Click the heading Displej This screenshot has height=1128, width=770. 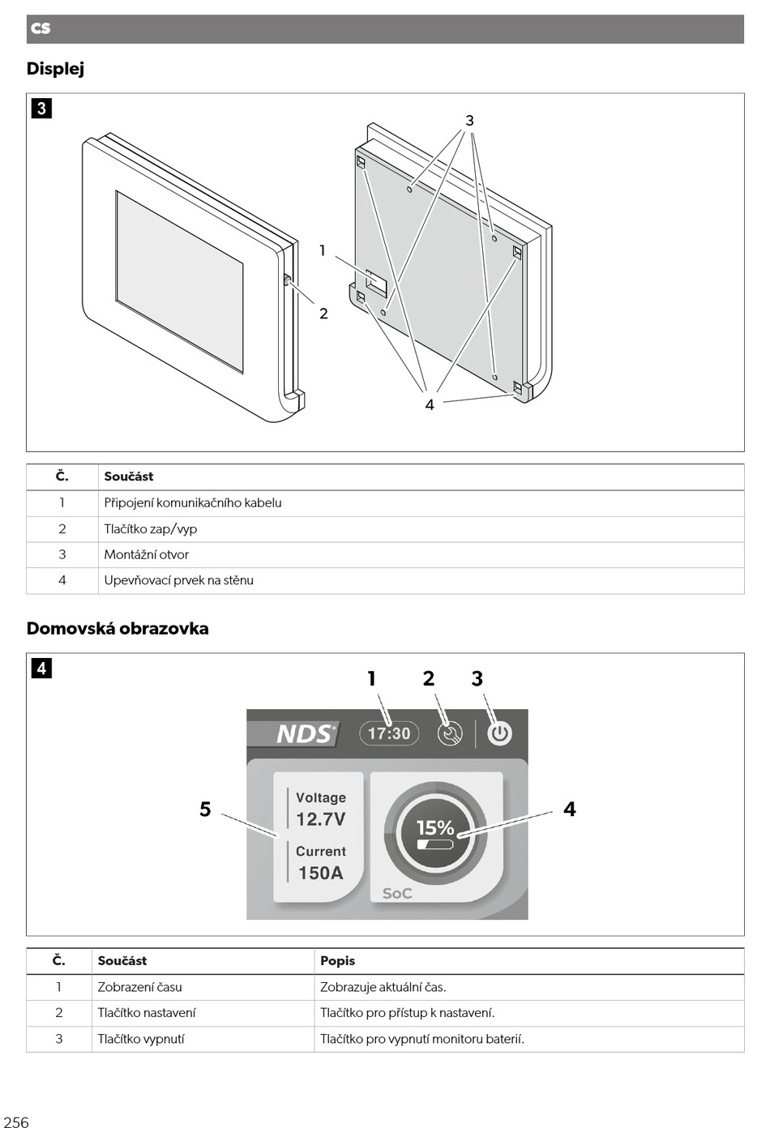tap(55, 69)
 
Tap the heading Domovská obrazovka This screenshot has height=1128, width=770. tap(118, 629)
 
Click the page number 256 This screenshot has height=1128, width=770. tap(16, 1122)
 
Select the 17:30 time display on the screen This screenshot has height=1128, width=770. tap(389, 733)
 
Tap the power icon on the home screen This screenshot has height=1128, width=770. tap(499, 733)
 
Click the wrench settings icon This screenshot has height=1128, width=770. tap(450, 733)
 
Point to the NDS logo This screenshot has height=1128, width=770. tap(304, 733)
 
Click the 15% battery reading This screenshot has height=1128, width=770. tap(435, 828)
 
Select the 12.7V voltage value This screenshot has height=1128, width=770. tap(320, 819)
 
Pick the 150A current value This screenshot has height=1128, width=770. tap(320, 873)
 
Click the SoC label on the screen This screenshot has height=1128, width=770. tap(397, 893)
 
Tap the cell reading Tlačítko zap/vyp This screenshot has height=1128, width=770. tap(151, 529)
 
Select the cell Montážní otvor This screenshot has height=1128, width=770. tap(147, 555)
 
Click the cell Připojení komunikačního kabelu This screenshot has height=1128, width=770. tap(193, 503)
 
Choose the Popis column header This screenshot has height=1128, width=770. tap(337, 961)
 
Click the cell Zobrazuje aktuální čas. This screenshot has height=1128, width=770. tap(383, 987)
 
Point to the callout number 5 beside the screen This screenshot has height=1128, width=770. tap(205, 809)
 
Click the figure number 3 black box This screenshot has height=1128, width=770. tap(41, 108)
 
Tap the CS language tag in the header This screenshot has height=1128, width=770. tap(41, 28)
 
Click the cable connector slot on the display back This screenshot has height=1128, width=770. tap(376, 283)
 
